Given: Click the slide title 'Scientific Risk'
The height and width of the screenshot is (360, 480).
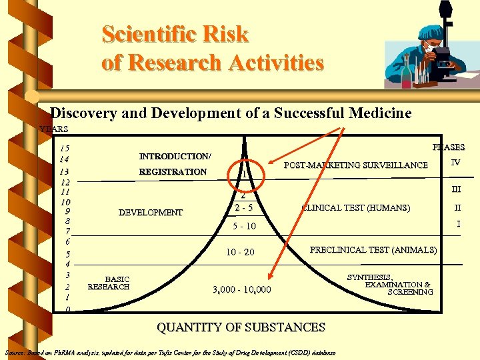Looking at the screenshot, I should click(x=175, y=34).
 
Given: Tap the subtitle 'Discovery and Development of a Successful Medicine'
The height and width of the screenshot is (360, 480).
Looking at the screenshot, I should click(x=231, y=113).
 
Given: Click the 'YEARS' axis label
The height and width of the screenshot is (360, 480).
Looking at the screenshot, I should click(x=54, y=129).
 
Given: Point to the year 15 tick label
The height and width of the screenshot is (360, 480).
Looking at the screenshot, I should click(x=64, y=148).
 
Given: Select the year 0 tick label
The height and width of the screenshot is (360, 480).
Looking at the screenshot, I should click(x=67, y=310).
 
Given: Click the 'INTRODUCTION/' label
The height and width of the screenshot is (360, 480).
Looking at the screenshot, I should click(x=175, y=157).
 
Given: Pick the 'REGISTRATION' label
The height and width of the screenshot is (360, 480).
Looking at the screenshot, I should click(x=173, y=172).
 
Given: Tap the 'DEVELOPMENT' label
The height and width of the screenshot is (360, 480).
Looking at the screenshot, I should click(x=150, y=213).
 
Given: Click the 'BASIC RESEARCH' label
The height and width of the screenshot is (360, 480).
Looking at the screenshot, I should click(x=109, y=283).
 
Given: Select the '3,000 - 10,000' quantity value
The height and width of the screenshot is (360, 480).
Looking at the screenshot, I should click(x=241, y=289).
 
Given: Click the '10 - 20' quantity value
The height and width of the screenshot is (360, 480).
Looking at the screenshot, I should click(x=240, y=253).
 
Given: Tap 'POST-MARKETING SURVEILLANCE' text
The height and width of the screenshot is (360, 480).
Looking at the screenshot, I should click(x=356, y=165).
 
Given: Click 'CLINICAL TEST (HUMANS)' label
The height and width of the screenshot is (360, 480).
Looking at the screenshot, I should click(x=356, y=208).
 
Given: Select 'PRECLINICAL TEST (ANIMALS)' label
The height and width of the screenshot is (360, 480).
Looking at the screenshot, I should click(x=373, y=250).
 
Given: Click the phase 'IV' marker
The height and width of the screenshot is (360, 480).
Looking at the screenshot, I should click(x=455, y=163).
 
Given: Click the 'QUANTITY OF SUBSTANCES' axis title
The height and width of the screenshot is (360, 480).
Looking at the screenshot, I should click(x=241, y=327).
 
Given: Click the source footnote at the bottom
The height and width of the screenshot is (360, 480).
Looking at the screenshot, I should click(x=170, y=352).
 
